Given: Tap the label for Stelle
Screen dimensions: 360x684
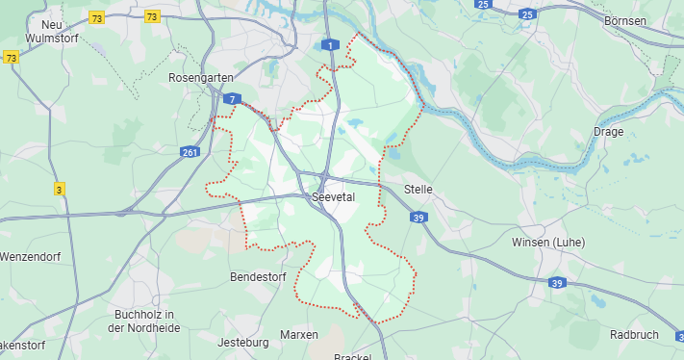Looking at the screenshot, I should pos(419,190).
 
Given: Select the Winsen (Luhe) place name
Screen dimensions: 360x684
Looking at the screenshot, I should pos(548,242).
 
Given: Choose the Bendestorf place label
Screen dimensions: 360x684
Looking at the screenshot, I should pos(260,277).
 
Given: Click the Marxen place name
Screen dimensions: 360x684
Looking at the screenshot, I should pos(298,334).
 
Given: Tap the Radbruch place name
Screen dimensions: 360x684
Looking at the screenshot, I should pos(635,334).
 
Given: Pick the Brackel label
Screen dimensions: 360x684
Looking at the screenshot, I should pos(353,356).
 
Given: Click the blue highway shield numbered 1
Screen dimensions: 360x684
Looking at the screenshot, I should pos(331,45).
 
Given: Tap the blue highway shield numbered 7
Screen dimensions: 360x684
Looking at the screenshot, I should pos(232,99).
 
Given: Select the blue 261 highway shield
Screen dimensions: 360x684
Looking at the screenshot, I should pos(191,151).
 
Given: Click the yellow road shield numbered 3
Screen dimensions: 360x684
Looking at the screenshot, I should pos(60,189).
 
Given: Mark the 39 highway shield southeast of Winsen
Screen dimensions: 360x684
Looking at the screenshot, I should pos(557,283).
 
